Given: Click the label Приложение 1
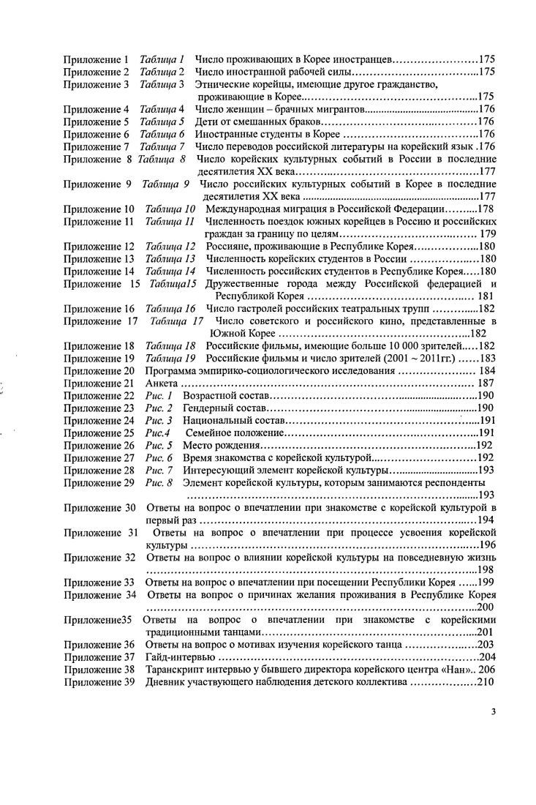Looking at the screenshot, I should click(x=96, y=59).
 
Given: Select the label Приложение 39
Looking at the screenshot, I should click(x=99, y=682).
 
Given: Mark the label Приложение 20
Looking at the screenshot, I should click(x=99, y=370).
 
